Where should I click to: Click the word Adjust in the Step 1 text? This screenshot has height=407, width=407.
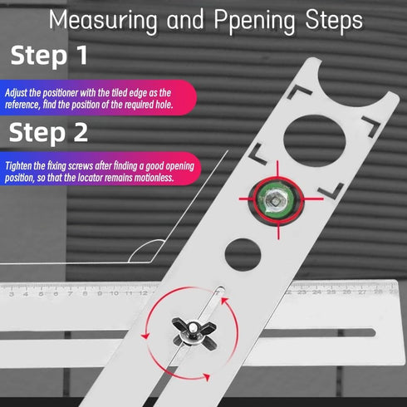(x=17, y=93)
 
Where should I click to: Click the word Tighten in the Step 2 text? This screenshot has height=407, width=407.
(x=20, y=165)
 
